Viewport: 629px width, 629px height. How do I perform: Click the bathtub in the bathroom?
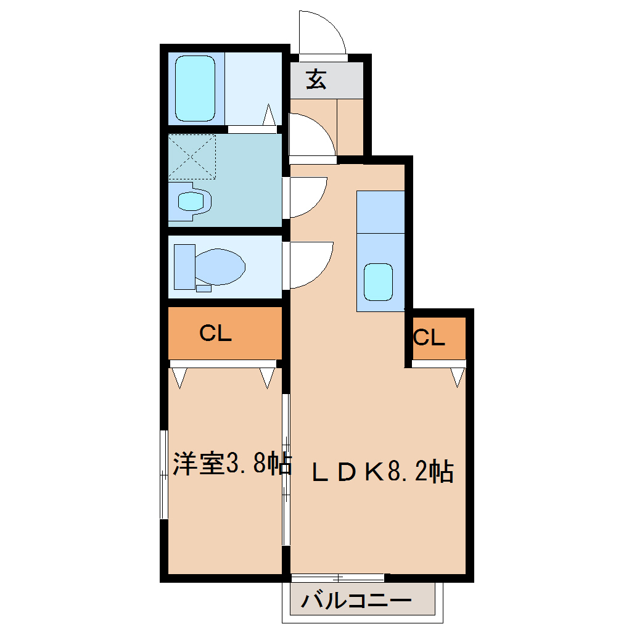click(195, 88)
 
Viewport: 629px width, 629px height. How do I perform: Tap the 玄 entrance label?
click(316, 80)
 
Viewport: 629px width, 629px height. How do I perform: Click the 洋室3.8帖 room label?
click(231, 464)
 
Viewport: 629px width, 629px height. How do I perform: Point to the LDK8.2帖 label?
click(382, 472)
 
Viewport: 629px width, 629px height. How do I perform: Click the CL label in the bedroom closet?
click(215, 334)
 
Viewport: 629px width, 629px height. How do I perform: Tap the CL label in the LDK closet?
click(429, 337)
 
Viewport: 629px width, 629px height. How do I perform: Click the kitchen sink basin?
click(379, 281)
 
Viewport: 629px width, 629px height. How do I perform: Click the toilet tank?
click(184, 266)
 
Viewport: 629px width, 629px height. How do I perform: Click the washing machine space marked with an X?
click(192, 157)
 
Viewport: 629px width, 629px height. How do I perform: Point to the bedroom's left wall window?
click(163, 475)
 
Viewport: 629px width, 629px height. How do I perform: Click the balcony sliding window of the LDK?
click(337, 578)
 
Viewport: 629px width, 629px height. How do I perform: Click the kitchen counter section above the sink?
click(380, 212)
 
